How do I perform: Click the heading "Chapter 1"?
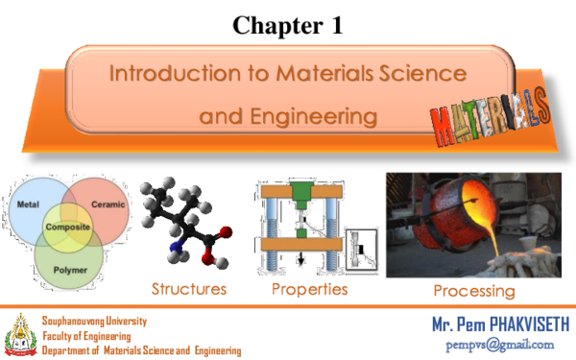click(287, 26)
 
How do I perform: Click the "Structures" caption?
click(189, 288)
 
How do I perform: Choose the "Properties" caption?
click(309, 288)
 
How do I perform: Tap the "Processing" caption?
click(473, 290)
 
